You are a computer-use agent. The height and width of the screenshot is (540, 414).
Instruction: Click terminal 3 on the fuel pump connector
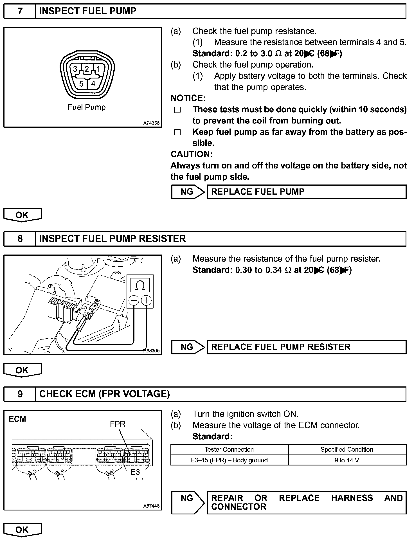click(75, 69)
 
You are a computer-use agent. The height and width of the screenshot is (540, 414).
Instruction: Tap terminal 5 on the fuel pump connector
click(81, 84)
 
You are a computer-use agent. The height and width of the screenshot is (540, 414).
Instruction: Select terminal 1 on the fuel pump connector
click(98, 69)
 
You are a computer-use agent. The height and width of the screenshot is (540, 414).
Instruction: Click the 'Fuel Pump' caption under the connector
click(86, 107)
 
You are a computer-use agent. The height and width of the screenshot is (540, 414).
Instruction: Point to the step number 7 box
click(20, 11)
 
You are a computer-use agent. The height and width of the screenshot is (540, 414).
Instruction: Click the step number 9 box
click(20, 394)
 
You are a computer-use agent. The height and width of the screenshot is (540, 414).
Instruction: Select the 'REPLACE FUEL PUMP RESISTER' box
click(307, 347)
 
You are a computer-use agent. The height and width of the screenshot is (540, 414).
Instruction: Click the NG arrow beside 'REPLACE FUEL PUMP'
click(188, 192)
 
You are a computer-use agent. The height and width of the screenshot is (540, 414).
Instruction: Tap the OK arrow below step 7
click(22, 215)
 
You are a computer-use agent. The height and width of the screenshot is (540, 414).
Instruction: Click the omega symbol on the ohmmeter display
click(140, 286)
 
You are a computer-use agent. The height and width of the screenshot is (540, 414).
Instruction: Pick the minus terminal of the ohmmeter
click(134, 301)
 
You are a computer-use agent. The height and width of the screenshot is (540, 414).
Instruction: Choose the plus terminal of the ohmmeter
click(146, 301)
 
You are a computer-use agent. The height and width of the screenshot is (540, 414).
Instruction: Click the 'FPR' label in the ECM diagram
click(118, 424)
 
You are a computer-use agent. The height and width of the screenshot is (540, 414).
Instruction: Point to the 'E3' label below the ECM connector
click(135, 472)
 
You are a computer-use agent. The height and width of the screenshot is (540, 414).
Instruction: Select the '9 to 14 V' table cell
click(347, 460)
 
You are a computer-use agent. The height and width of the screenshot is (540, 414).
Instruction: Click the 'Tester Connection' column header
click(229, 449)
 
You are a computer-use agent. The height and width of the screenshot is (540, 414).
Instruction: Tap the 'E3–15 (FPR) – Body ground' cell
click(229, 460)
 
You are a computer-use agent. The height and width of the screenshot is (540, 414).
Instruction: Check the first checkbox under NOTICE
click(177, 110)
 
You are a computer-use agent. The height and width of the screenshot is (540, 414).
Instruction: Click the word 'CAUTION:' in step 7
click(191, 154)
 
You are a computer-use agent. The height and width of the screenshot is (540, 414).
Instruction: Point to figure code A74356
click(151, 123)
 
